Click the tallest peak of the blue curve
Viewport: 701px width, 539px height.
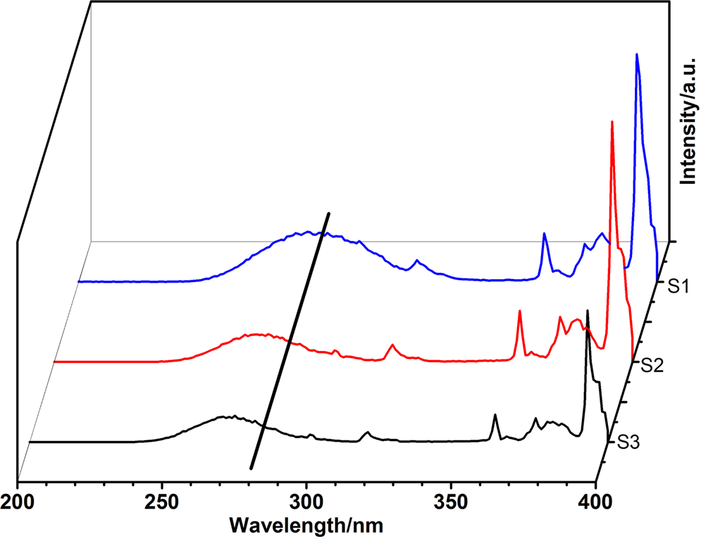(637, 54)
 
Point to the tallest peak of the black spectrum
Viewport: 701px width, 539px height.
(588, 311)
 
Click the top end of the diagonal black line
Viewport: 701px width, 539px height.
(328, 212)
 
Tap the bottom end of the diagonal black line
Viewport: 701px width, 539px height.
(252, 468)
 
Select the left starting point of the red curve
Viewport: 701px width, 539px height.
(55, 361)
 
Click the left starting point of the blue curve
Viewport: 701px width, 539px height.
(79, 282)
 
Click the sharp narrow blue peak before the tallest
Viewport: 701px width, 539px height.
(544, 233)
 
